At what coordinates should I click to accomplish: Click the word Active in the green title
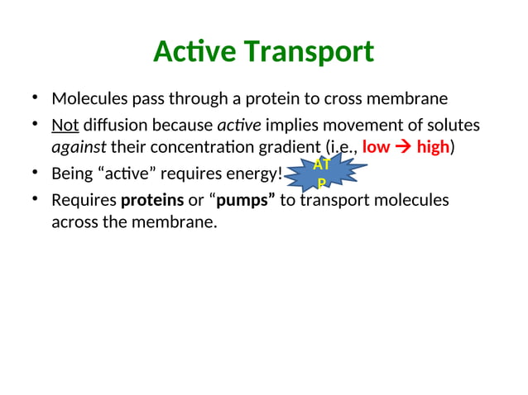pos(194,52)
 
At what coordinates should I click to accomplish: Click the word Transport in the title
pos(307,52)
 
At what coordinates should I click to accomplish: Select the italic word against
pos(79,148)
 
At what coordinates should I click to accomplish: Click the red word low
pos(376,148)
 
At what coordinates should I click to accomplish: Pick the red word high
pos(432,148)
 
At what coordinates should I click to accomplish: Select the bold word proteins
pos(152,201)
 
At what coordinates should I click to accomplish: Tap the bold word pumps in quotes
pos(246,201)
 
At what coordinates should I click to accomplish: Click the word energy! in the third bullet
pos(256,174)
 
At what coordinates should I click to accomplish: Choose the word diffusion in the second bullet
pos(113,125)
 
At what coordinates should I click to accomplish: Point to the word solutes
pos(454,125)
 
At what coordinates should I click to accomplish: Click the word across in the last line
pos(73,221)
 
